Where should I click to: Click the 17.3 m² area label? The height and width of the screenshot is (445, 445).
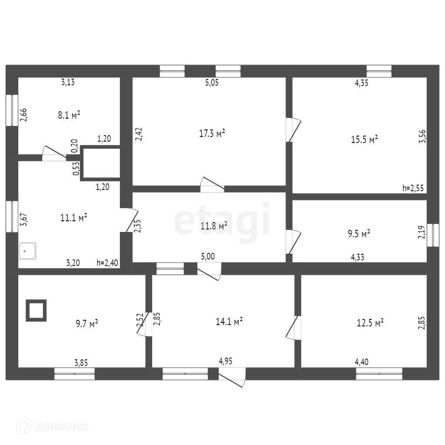pos(212,133)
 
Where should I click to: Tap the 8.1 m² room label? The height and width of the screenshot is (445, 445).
pos(69,115)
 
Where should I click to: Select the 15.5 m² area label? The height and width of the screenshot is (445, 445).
pos(364,139)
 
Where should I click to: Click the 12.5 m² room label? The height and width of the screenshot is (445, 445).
pos(370,323)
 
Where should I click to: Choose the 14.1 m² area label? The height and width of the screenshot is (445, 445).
pos(229,322)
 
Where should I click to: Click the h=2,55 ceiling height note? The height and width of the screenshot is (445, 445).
pos(413,188)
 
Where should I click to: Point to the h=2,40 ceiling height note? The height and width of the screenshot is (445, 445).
pos(107,262)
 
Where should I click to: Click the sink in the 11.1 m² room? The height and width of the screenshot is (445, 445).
pos(27,251)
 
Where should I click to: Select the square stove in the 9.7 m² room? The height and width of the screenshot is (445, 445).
pos(36,310)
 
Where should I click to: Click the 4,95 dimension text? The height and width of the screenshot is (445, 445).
pos(226,361)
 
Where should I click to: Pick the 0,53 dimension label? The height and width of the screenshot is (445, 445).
pos(76,169)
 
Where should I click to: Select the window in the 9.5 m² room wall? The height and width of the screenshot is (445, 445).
pos(433,235)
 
